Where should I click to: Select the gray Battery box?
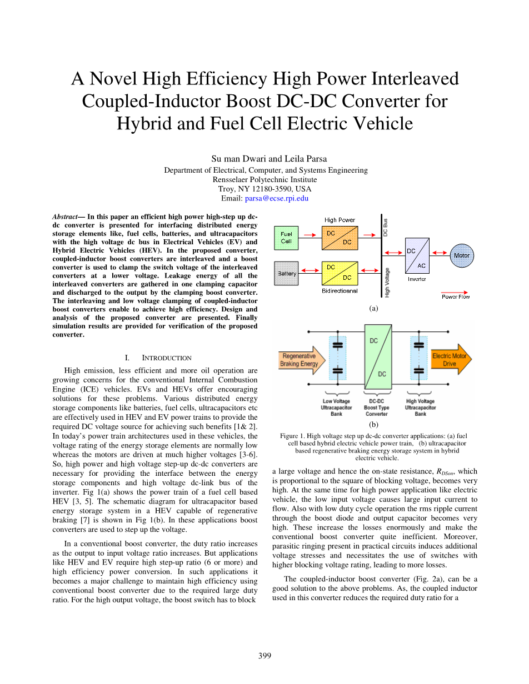click(287, 273)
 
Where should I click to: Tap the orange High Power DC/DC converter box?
click(340, 238)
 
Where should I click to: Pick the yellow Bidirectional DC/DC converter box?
click(340, 273)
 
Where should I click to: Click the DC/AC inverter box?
click(417, 256)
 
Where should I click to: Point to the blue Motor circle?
click(462, 256)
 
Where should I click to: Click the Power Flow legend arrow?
click(455, 291)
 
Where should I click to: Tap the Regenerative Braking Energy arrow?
click(301, 360)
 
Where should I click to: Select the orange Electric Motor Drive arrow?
click(451, 360)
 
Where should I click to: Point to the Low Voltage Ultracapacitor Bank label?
click(336, 408)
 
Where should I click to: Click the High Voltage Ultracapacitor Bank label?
click(420, 408)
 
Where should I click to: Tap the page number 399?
click(264, 656)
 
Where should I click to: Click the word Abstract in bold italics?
click(65, 217)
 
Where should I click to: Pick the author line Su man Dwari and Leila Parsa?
click(264, 159)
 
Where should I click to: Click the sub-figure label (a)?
click(373, 308)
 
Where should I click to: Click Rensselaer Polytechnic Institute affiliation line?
click(264, 179)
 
